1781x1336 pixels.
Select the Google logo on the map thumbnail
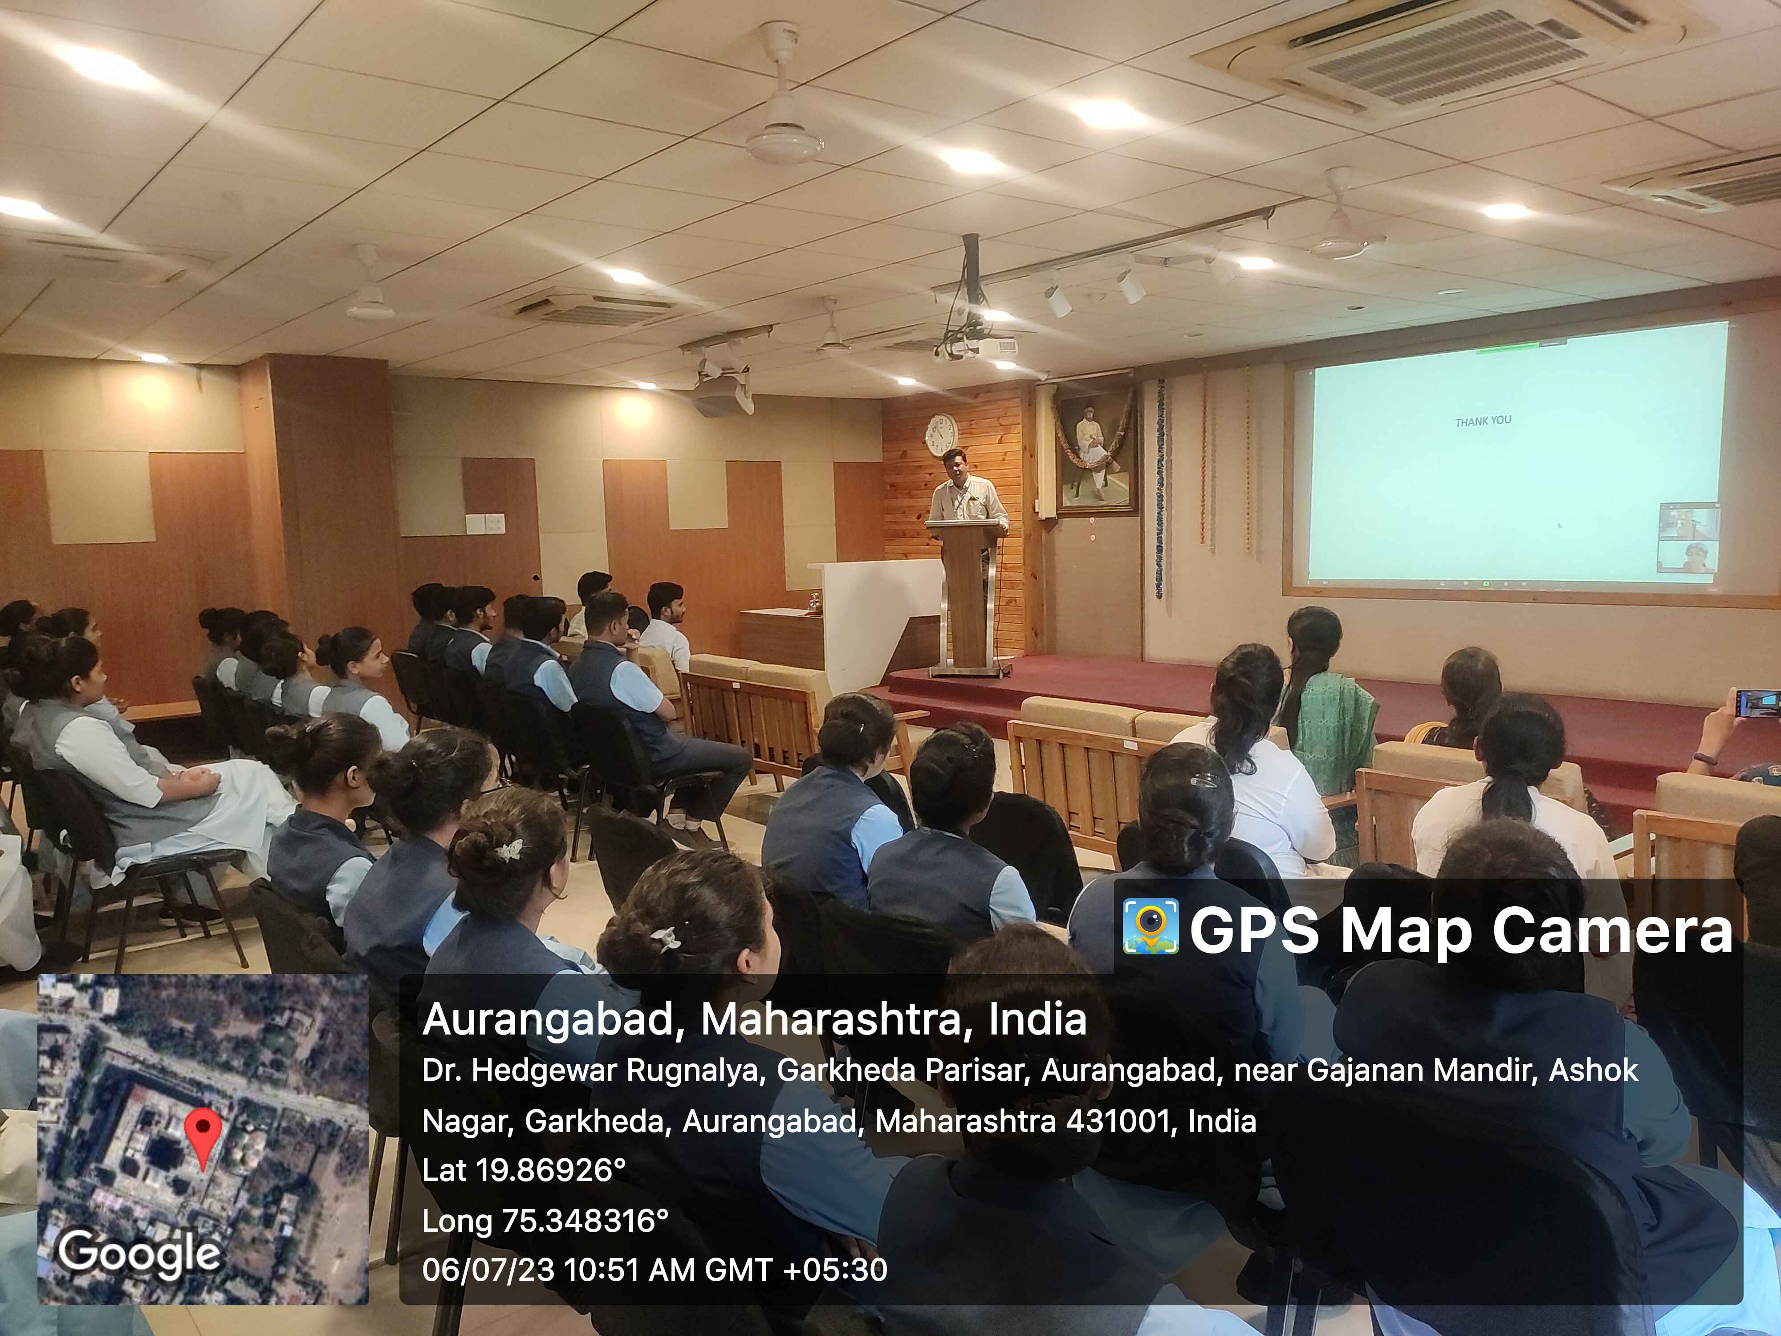138,1253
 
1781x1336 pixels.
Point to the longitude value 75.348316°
586,1221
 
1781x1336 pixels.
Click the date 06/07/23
488,1270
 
